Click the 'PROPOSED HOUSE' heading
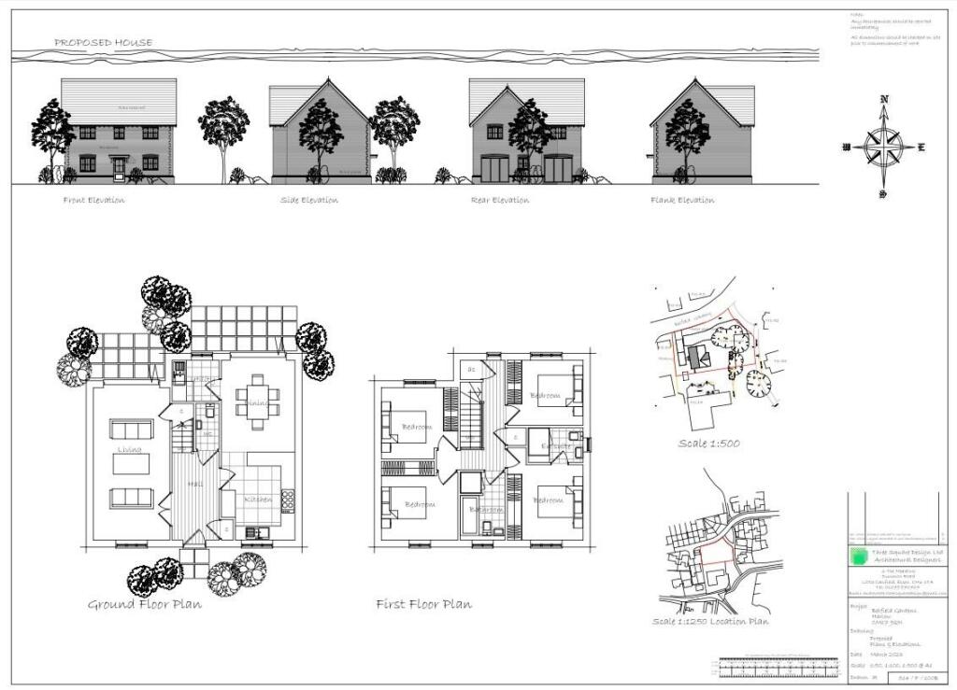pyautogui.click(x=103, y=42)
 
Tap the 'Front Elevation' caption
pyautogui.click(x=93, y=200)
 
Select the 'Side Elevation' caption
pyautogui.click(x=309, y=200)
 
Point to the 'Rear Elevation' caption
pyautogui.click(x=500, y=200)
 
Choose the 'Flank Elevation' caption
pyautogui.click(x=683, y=200)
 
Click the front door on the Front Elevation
pyautogui.click(x=119, y=169)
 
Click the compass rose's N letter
pyautogui.click(x=883, y=100)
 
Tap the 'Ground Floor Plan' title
pyautogui.click(x=145, y=604)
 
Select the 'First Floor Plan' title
pyautogui.click(x=423, y=604)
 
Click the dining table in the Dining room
pyautogui.click(x=254, y=402)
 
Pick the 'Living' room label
pyautogui.click(x=129, y=451)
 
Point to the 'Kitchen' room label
pyautogui.click(x=258, y=500)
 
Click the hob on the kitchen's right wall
pyautogui.click(x=287, y=500)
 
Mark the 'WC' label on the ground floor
pyautogui.click(x=207, y=435)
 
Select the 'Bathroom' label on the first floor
pyautogui.click(x=487, y=511)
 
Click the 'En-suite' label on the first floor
pyautogui.click(x=558, y=446)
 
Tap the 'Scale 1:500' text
pyautogui.click(x=708, y=443)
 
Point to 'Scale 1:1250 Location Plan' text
pyautogui.click(x=711, y=621)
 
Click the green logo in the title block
pyautogui.click(x=858, y=557)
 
